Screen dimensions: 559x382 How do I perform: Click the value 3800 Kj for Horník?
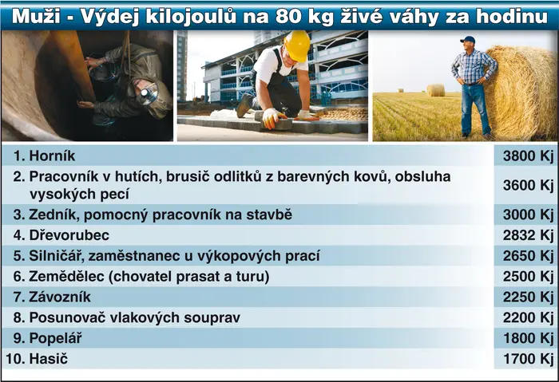[x=528, y=156]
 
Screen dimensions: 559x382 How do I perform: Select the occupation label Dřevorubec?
[x=69, y=235]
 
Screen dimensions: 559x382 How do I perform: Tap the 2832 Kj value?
[x=528, y=235]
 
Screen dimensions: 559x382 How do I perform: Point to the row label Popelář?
[x=55, y=338]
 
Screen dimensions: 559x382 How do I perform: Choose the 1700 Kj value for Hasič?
[x=528, y=359]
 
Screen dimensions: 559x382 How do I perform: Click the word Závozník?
[x=60, y=297]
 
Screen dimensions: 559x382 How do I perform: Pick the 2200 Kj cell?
[x=528, y=317]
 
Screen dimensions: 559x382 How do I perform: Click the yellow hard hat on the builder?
[x=297, y=46]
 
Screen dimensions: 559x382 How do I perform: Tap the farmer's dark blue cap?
[x=467, y=39]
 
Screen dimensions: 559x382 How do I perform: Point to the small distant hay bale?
[x=436, y=90]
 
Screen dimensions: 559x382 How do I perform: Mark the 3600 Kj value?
[x=528, y=185]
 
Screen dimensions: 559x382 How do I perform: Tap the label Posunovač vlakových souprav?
[x=135, y=317]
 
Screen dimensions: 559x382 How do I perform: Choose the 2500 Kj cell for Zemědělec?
[x=528, y=276]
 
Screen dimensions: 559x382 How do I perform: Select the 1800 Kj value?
[x=528, y=338]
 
